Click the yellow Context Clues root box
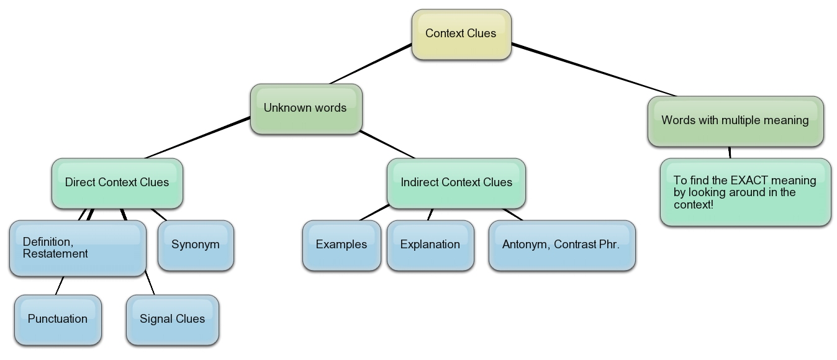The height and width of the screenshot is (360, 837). point(461,34)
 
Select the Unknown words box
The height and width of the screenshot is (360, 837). point(305,109)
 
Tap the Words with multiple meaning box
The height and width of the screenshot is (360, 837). point(735,121)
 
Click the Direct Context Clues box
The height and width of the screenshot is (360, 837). point(117,183)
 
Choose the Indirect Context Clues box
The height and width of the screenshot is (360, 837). point(456,183)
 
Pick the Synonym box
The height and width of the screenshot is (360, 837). point(196,245)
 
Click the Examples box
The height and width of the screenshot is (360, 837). point(342,245)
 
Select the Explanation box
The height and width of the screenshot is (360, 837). point(430,245)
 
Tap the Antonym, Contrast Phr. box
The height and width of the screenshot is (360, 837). point(561,245)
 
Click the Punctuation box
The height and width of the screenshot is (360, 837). point(58,320)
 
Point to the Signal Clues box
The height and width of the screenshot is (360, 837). point(172,320)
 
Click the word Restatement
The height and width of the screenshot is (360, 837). point(55,254)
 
